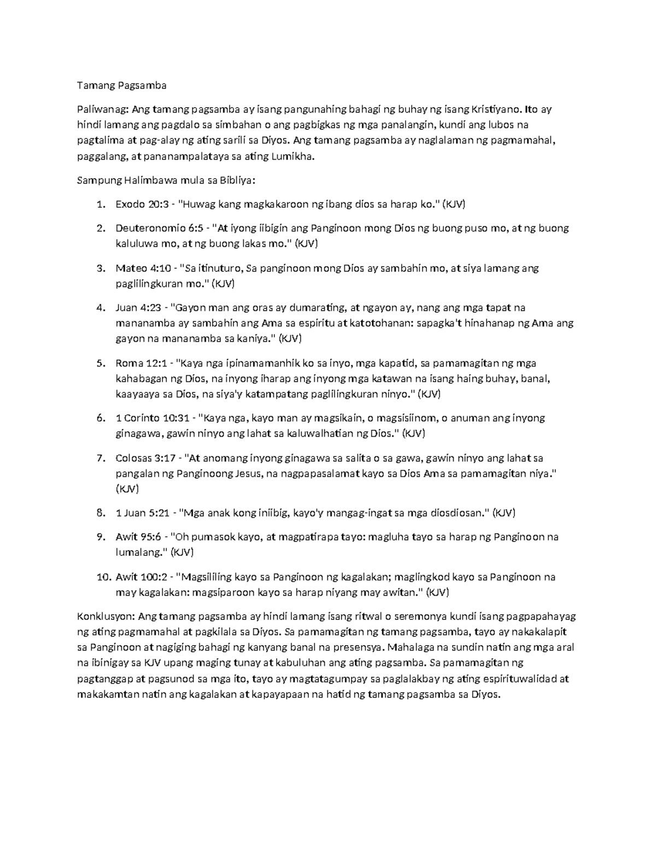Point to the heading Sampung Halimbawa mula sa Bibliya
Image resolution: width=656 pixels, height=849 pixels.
[167, 180]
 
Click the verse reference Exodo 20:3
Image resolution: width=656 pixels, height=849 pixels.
[139, 204]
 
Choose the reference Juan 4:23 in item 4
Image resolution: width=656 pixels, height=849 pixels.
[137, 308]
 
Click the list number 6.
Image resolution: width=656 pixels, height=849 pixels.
[100, 418]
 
